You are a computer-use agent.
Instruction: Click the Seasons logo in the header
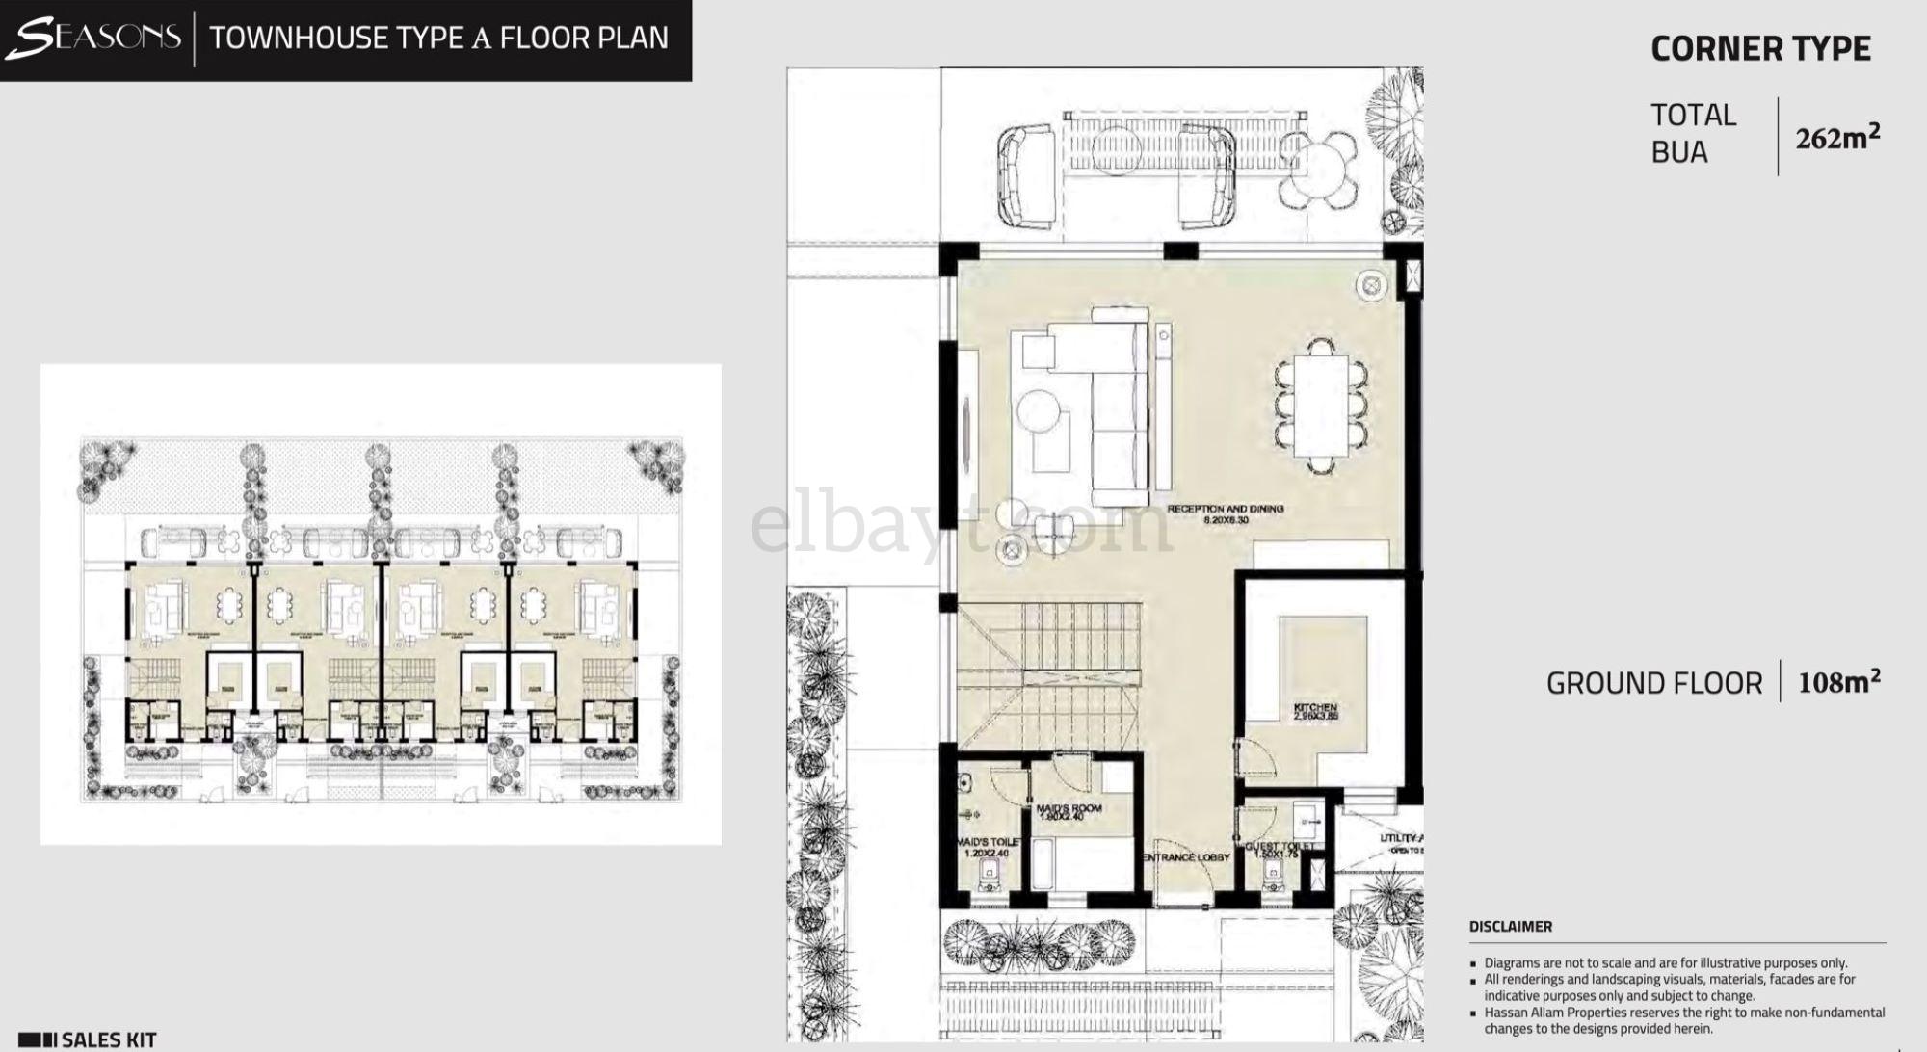pos(93,38)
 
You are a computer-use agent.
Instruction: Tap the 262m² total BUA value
pos(1836,138)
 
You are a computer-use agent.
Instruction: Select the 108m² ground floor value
pos(1838,682)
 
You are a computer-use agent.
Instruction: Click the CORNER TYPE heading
pos(1760,49)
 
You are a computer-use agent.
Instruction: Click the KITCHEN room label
pos(1315,709)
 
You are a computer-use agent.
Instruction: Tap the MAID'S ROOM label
pos(1069,808)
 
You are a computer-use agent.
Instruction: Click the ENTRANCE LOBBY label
pos(1186,857)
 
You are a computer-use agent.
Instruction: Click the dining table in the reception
pos(1320,406)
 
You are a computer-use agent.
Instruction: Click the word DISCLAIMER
pos(1510,927)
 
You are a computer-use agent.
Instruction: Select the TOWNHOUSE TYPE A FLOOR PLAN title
pos(438,38)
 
